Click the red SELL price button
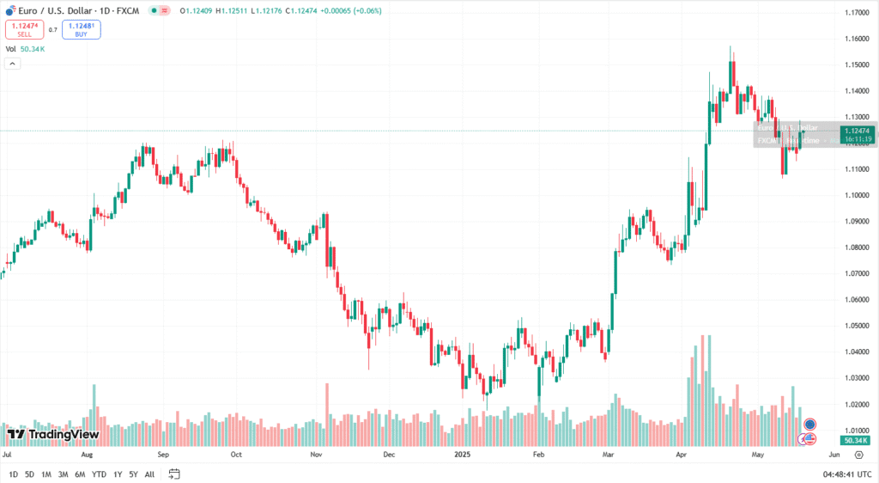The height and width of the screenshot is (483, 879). pos(24,29)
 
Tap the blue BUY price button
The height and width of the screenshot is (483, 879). pos(81,29)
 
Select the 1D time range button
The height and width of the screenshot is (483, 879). pos(13,474)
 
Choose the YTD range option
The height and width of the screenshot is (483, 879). pos(99,474)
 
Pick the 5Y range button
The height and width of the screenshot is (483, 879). pos(133,474)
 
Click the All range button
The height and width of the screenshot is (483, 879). pos(149,474)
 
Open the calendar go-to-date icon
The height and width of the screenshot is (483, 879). pos(174,474)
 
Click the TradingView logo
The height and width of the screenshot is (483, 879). pos(53,434)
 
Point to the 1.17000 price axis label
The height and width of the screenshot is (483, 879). pos(855,13)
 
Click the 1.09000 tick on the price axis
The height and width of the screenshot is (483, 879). pos(855,221)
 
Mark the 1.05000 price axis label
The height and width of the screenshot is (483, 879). pos(855,326)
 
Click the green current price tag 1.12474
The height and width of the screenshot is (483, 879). pos(855,131)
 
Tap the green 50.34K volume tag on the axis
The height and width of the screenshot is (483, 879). pos(853,440)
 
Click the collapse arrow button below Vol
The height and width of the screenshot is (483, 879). pos(13,64)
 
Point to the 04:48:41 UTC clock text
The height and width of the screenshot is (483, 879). pos(848,474)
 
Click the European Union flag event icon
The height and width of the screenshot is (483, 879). pos(810,425)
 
